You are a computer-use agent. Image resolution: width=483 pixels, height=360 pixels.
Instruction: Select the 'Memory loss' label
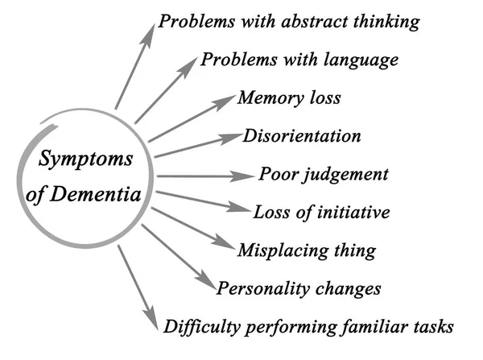click(289, 99)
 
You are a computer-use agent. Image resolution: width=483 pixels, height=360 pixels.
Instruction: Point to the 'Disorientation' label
click(301, 136)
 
